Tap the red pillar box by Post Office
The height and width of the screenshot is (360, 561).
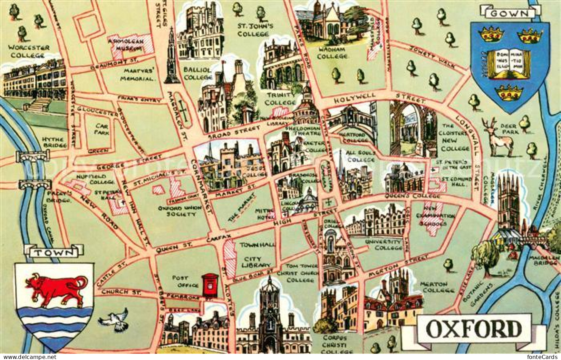coord(210,285)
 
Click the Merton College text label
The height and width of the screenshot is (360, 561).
coord(437,287)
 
